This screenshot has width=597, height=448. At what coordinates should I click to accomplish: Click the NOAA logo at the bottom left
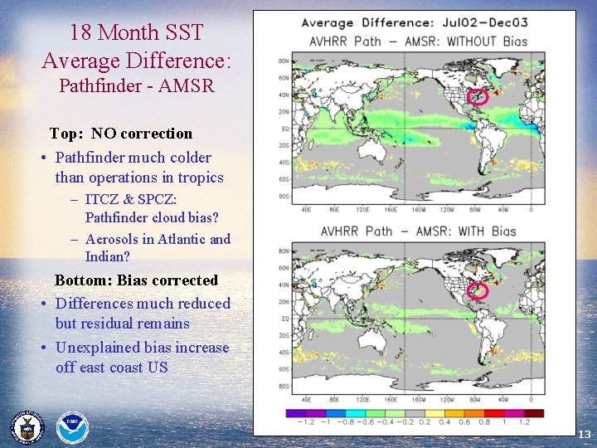pyautogui.click(x=71, y=427)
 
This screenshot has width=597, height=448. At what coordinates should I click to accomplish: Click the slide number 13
pyautogui.click(x=584, y=435)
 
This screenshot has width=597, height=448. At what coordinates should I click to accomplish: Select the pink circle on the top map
pyautogui.click(x=475, y=97)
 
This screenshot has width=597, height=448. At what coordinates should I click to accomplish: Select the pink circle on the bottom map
pyautogui.click(x=478, y=290)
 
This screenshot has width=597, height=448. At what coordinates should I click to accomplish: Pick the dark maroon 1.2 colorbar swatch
pyautogui.click(x=533, y=412)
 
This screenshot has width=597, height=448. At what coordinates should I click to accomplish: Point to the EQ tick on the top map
pyautogui.click(x=285, y=129)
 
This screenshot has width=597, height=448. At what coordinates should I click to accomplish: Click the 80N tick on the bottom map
pyautogui.click(x=284, y=250)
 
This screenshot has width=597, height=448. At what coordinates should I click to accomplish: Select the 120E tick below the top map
pyautogui.click(x=361, y=210)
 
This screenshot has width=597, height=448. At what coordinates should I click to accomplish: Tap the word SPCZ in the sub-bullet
pyautogui.click(x=153, y=199)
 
